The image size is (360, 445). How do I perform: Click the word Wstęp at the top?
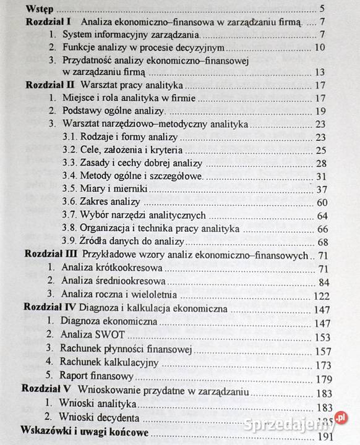[x=38, y=9]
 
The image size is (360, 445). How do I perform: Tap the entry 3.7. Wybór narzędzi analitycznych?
[x=134, y=215]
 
